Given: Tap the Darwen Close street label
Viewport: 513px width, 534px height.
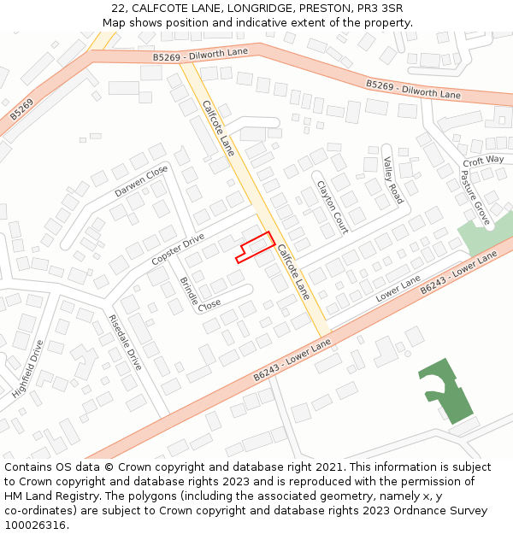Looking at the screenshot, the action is pos(142,182).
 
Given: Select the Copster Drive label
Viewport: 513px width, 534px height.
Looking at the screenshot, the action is pos(178,248).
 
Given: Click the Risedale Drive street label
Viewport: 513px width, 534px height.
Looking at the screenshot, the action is pos(124,342).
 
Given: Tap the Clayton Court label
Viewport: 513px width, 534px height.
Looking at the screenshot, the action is pos(333,207).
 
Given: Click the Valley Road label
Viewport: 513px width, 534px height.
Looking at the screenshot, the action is pos(392,179).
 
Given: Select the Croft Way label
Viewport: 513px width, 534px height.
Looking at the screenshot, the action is pos(483,161).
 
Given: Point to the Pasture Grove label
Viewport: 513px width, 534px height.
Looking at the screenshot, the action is pos(475,197).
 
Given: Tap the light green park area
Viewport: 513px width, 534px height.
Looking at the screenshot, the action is pos(485,231).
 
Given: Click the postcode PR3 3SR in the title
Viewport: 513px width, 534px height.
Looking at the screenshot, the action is pos(375,8).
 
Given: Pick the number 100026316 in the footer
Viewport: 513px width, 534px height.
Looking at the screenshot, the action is pos(37,525).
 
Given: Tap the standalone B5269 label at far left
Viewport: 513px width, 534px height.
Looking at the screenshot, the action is pos(22,109).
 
